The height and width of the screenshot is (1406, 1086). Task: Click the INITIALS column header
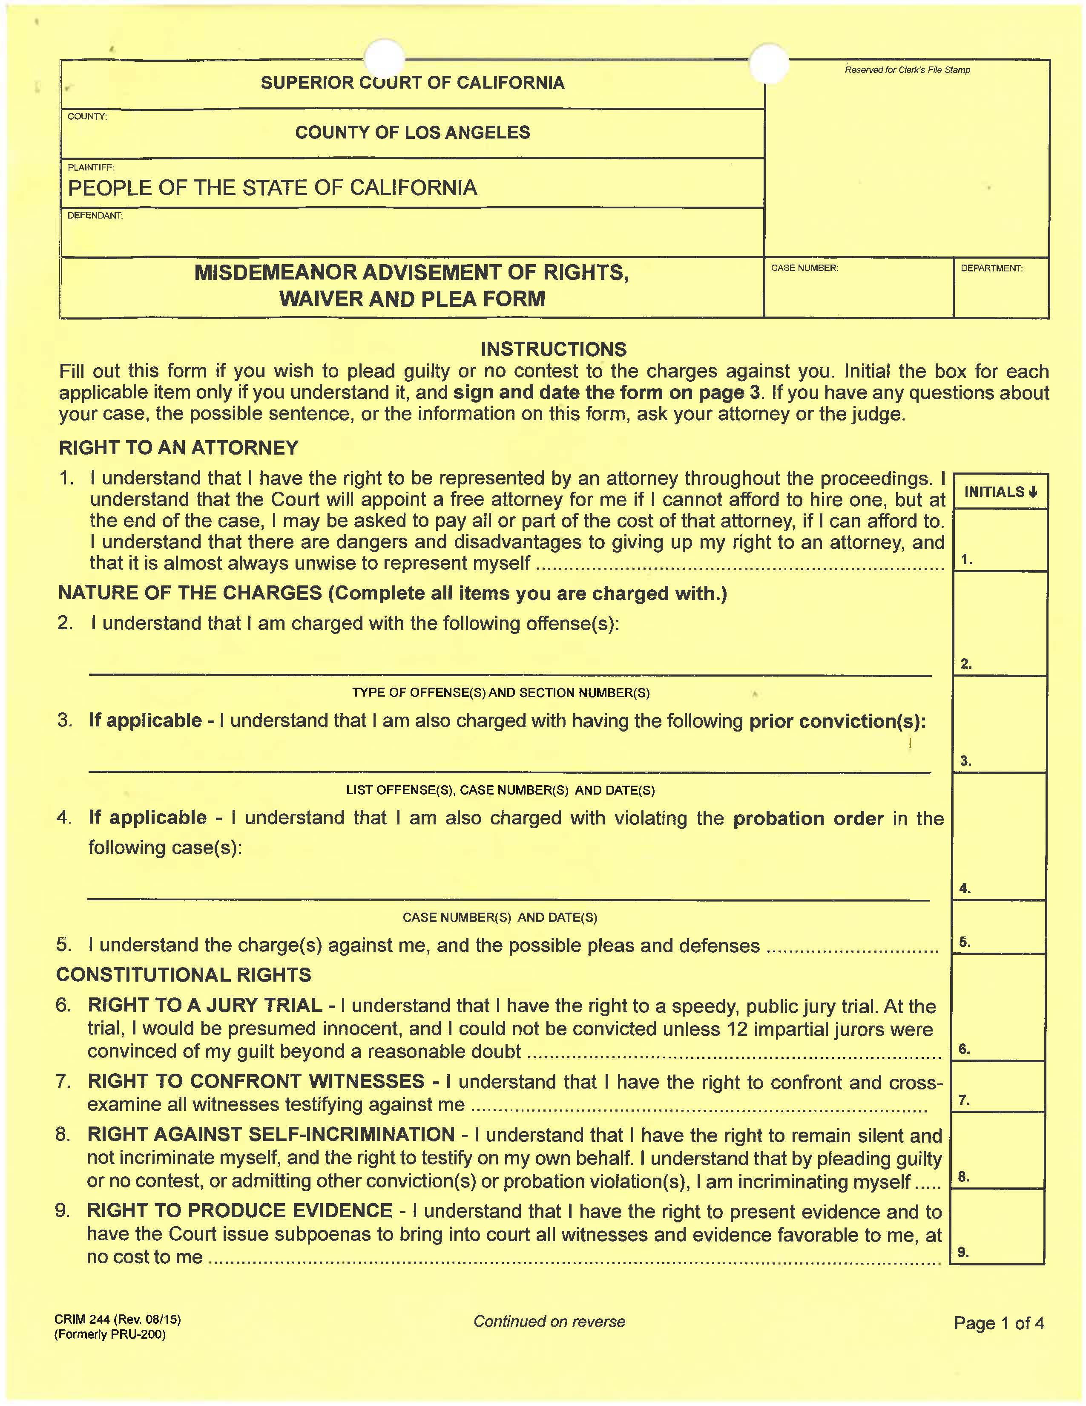coord(1000,492)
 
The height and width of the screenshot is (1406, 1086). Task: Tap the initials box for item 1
coord(1000,539)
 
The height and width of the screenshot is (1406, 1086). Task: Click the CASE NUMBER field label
coord(804,268)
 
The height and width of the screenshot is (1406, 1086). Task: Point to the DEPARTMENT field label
coord(991,268)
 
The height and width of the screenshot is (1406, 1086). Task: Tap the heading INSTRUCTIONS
coord(553,349)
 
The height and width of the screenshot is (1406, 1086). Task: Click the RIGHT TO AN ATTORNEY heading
coord(179,447)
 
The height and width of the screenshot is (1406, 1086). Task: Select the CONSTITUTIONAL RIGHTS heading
coord(184,975)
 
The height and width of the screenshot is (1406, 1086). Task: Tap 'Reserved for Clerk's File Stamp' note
coord(907,69)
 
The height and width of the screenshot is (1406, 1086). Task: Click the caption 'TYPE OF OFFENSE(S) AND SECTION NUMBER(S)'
coord(500,693)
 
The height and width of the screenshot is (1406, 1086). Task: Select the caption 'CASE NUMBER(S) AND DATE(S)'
coord(500,917)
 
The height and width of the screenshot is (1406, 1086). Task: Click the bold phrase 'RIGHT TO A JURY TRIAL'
coord(204,1005)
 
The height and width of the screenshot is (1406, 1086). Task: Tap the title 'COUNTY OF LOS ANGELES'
coord(412,133)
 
